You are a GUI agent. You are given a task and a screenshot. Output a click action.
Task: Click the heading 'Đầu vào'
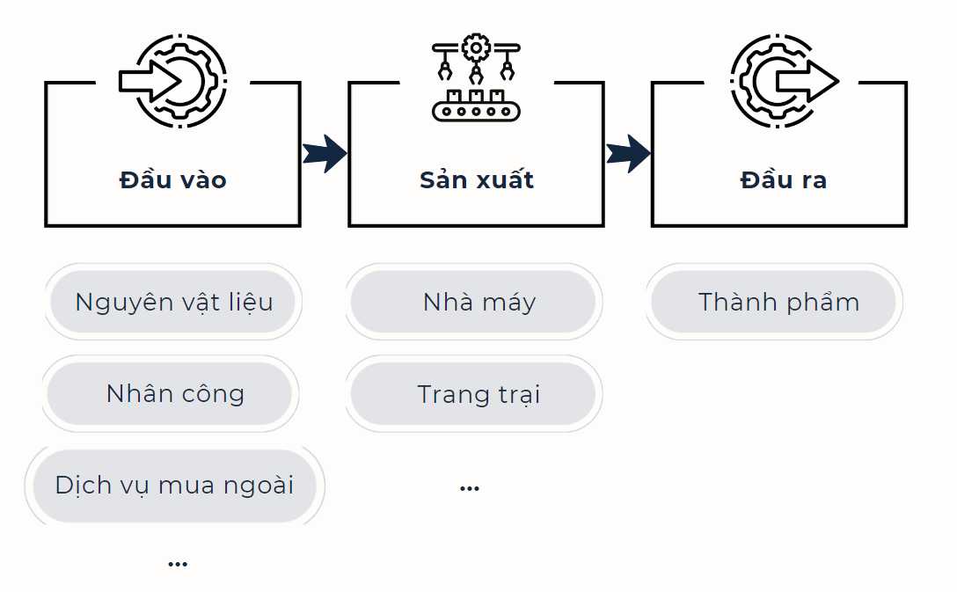click(172, 179)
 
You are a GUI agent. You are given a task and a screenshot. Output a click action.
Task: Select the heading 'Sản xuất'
click(477, 179)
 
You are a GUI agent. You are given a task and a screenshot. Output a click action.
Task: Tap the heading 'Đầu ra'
click(783, 179)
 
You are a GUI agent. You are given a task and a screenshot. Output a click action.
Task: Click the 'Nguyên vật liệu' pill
click(173, 302)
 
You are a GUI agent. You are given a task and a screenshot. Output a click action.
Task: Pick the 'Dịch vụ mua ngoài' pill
click(174, 486)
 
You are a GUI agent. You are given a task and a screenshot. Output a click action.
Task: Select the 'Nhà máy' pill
click(473, 302)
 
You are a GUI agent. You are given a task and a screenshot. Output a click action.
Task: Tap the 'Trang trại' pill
click(473, 394)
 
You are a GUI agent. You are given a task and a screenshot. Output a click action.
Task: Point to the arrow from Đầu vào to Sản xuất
click(325, 153)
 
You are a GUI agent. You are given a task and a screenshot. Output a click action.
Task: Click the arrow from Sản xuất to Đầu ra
click(628, 153)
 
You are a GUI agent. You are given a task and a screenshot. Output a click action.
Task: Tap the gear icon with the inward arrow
click(173, 81)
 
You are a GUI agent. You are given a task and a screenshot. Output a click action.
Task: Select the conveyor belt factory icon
click(476, 77)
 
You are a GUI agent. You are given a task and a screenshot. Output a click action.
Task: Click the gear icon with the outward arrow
click(785, 81)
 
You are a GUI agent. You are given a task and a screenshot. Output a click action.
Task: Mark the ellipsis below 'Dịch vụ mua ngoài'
click(178, 564)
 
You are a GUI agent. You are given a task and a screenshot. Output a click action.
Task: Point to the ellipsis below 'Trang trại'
click(470, 488)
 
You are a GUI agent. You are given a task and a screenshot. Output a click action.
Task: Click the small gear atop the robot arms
click(476, 48)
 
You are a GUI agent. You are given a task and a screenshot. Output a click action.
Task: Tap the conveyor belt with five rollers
click(476, 111)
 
